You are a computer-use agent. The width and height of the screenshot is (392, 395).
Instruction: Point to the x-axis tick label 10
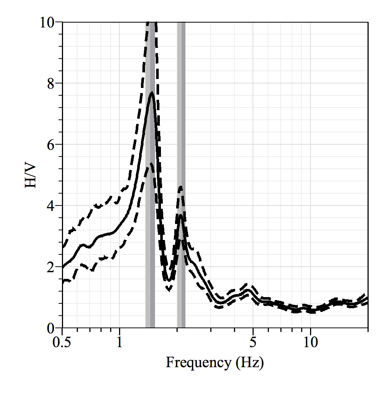click(x=311, y=342)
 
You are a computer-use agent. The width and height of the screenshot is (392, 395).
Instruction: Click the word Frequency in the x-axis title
click(x=198, y=362)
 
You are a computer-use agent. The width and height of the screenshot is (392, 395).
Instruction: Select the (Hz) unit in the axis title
click(x=250, y=362)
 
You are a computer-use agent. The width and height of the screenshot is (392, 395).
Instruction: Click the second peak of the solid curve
click(x=181, y=215)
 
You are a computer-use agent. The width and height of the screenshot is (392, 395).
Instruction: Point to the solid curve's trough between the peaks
click(x=168, y=280)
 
